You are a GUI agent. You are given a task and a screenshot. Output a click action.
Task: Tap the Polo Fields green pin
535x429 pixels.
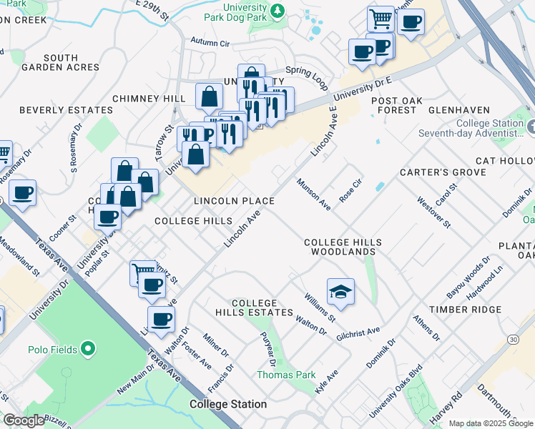click(x=88, y=350)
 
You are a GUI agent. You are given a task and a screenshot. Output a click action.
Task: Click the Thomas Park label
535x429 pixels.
click(x=286, y=375)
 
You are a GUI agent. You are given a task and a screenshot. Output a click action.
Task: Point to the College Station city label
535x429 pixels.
click(x=228, y=404)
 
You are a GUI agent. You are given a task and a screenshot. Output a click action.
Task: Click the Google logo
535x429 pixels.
click(x=24, y=420)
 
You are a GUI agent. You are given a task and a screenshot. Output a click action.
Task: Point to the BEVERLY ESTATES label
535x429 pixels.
click(x=66, y=110)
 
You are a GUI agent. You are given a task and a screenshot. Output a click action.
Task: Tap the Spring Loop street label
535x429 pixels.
click(x=308, y=75)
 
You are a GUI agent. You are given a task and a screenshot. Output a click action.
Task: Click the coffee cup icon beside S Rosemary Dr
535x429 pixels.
click(x=22, y=193)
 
